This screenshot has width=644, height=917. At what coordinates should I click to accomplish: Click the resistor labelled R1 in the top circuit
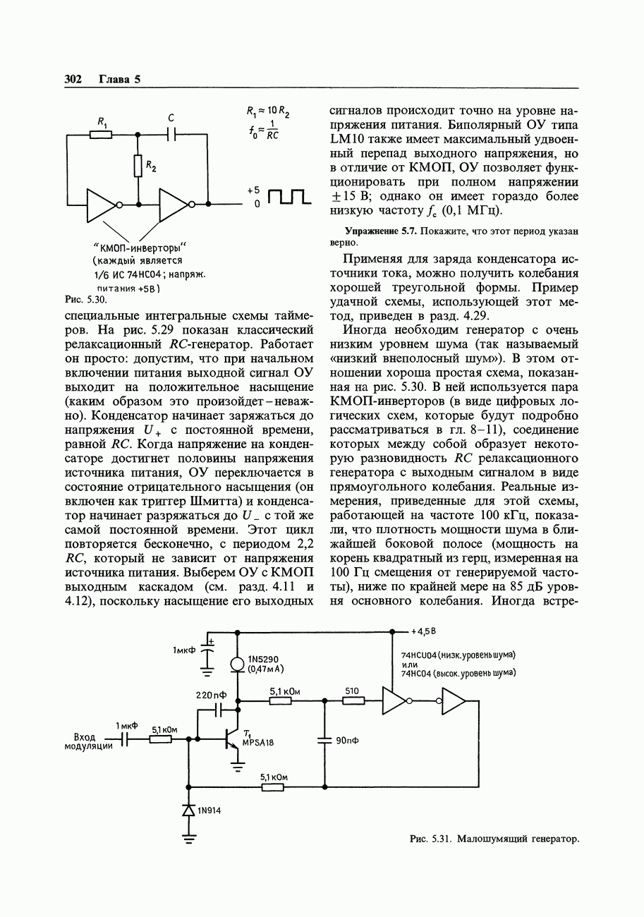point(101,134)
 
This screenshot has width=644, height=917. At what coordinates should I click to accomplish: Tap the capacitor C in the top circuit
point(171,133)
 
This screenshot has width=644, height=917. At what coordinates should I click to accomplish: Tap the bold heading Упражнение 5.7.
point(381,230)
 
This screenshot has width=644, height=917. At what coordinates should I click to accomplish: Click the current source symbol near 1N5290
point(238,664)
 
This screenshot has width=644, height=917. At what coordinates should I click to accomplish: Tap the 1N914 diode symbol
point(188,810)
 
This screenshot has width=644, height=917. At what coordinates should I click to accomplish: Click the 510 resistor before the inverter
point(353,701)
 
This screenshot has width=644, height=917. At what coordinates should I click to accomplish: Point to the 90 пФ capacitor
point(325,740)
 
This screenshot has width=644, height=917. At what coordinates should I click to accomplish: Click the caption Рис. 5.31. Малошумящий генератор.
point(494,839)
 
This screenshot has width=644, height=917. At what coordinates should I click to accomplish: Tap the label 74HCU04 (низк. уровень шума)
point(458,655)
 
